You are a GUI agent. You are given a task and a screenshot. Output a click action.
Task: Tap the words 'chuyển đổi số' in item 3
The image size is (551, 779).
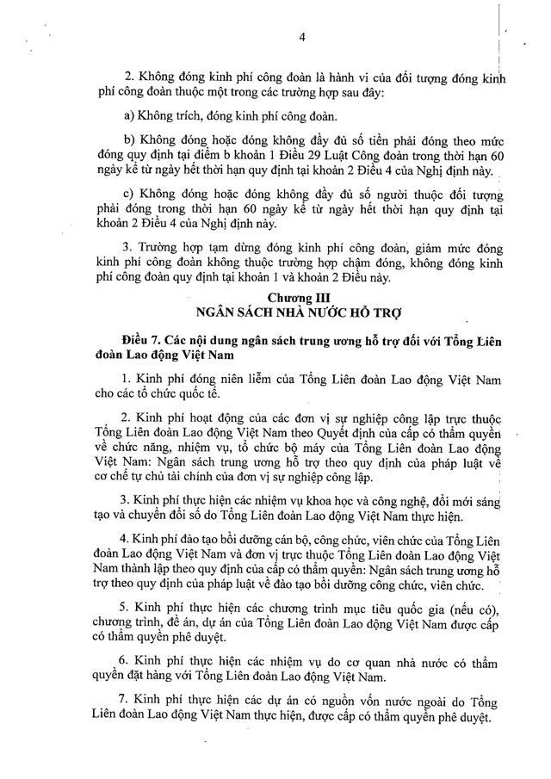(213, 516)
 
